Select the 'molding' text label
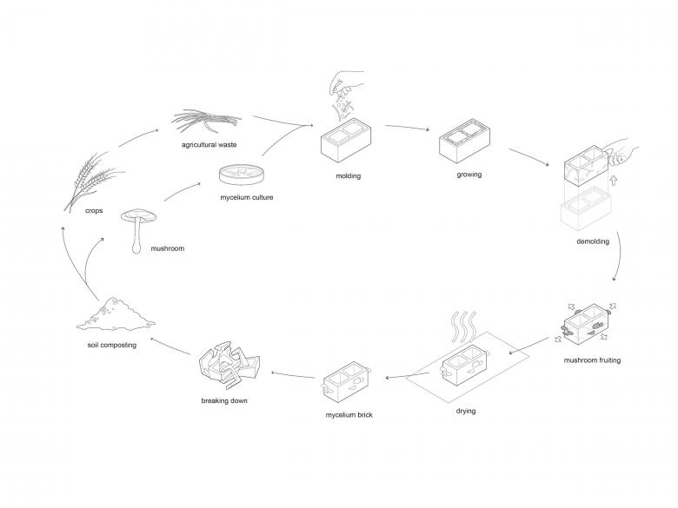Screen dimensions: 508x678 348,176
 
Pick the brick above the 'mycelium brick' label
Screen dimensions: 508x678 348,382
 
